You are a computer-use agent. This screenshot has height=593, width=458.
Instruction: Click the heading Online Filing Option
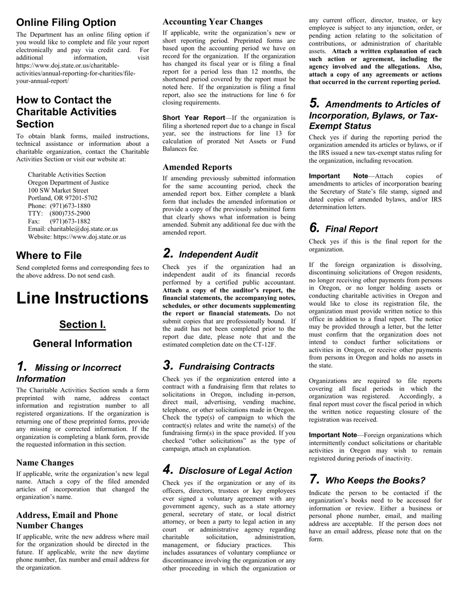[x=66, y=23]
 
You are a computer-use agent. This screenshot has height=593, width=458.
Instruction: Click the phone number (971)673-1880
[x=70, y=206]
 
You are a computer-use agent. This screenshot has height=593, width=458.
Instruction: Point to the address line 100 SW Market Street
[x=58, y=190]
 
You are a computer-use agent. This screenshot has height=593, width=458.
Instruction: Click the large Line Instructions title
[x=82, y=298]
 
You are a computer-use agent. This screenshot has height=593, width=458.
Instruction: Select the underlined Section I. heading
[x=82, y=324]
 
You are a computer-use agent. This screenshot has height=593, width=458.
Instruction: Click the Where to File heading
[x=49, y=256]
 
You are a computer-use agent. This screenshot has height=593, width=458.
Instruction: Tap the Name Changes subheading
[x=45, y=463]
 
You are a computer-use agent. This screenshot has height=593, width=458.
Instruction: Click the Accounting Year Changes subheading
[x=213, y=22]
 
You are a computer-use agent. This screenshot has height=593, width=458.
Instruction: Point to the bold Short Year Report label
[x=193, y=118]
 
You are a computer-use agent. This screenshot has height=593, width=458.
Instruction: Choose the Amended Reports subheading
[x=197, y=167]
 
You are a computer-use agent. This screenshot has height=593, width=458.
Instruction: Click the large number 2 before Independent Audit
[x=168, y=254]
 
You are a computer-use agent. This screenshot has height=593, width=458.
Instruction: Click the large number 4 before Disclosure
[x=168, y=470]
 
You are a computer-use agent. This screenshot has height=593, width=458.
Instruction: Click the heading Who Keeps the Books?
[x=375, y=481]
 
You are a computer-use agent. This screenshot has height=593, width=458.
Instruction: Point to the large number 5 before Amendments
[x=314, y=104]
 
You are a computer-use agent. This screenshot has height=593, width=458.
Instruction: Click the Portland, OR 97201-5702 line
[x=63, y=198]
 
